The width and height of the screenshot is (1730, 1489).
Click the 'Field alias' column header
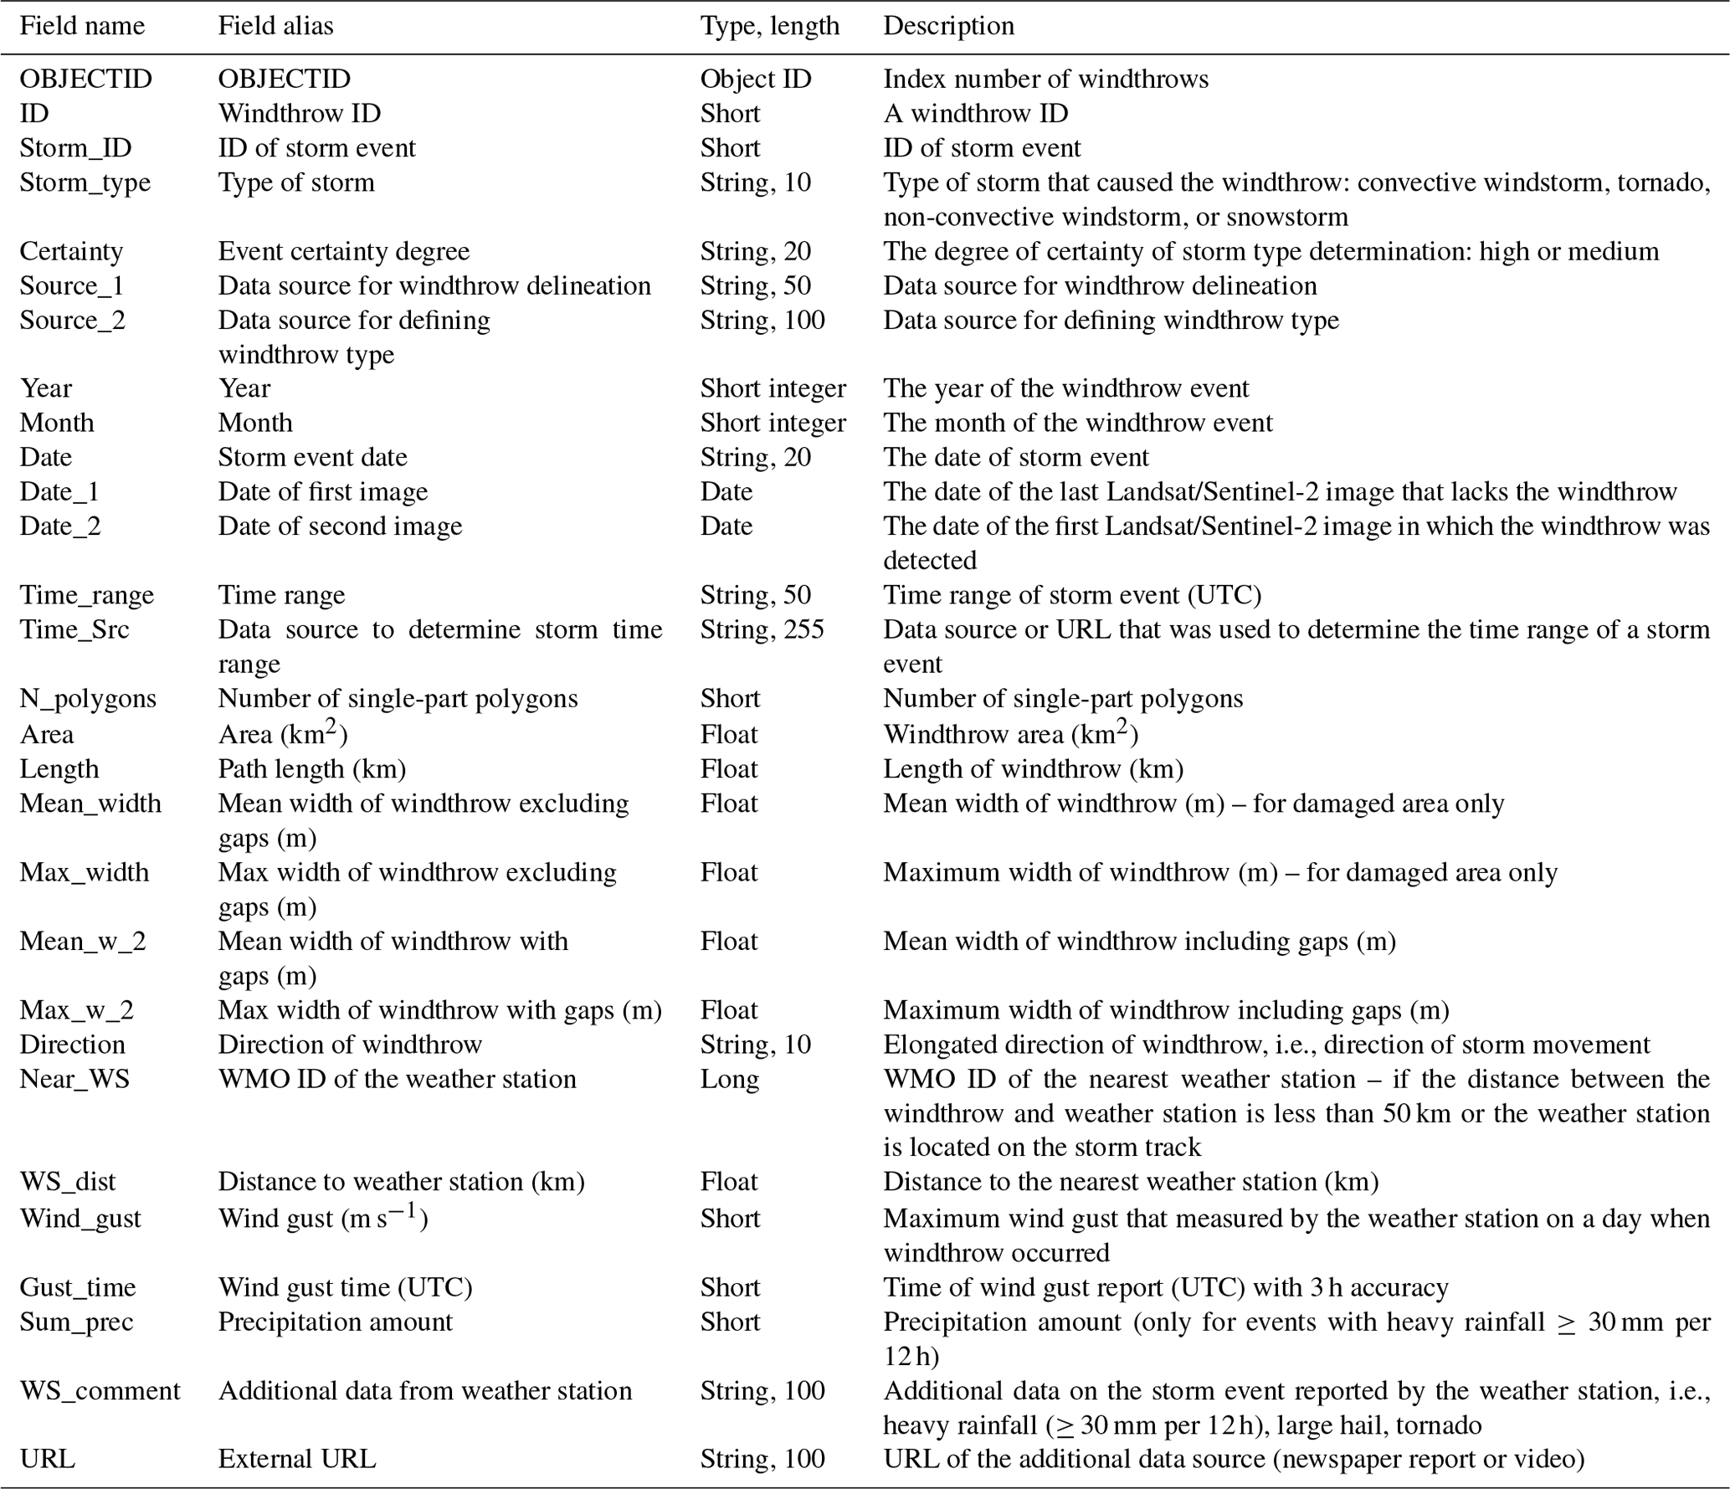point(275,26)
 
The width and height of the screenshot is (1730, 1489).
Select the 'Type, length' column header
point(769,26)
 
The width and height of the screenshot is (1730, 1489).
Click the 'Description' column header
point(948,26)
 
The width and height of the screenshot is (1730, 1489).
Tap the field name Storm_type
point(85,182)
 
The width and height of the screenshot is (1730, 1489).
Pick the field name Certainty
point(71,251)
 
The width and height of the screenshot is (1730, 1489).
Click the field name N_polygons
point(88,698)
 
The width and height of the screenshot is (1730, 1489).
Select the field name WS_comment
point(100,1390)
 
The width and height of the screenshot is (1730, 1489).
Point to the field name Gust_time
point(77,1286)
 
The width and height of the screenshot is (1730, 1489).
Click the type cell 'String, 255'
point(762,629)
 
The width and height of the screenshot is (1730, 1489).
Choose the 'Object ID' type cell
point(756,79)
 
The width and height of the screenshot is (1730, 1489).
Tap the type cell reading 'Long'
point(729,1079)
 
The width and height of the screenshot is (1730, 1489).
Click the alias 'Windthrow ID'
point(299,113)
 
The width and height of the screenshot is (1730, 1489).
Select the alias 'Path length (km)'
point(311,768)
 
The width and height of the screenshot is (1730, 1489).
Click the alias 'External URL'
point(297,1459)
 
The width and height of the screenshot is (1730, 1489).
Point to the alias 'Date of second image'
point(340,526)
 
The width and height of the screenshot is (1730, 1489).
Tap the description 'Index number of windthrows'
point(1045,79)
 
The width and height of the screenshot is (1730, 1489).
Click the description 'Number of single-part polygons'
point(1063,698)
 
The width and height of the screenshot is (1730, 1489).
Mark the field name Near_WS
point(74,1079)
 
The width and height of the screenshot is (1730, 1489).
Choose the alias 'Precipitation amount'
point(335,1322)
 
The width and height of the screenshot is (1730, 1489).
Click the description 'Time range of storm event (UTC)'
point(1072,594)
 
